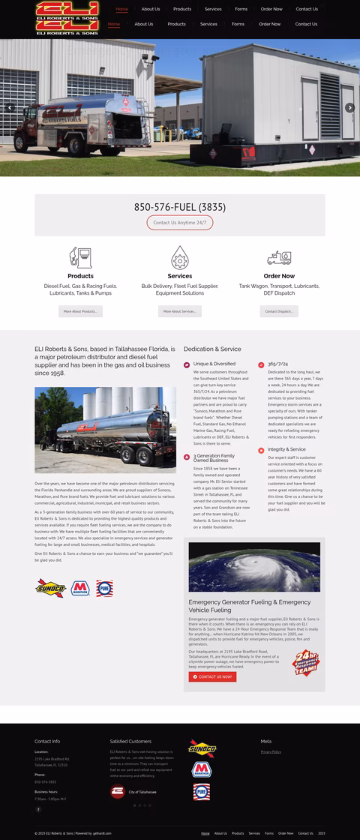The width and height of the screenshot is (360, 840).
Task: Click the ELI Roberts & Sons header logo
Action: click(x=67, y=19)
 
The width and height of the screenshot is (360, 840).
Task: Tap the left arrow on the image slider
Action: click(x=10, y=108)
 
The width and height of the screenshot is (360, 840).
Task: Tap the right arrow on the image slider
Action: click(x=349, y=108)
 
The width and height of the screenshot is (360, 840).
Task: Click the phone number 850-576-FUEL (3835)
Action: click(x=180, y=207)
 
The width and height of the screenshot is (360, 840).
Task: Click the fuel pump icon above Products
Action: click(x=81, y=257)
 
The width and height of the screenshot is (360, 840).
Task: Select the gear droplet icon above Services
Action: click(x=180, y=257)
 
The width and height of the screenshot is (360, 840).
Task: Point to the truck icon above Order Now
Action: click(x=279, y=257)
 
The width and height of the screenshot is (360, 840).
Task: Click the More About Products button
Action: click(x=80, y=311)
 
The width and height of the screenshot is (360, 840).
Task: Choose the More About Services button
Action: click(x=180, y=311)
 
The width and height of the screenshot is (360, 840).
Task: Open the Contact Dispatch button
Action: click(x=279, y=311)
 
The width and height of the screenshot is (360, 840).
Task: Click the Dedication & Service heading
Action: click(x=212, y=349)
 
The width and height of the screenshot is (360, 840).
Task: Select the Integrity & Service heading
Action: click(x=286, y=449)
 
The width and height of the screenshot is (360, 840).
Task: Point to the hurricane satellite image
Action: click(x=254, y=567)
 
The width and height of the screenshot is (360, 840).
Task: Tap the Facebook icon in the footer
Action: click(x=38, y=809)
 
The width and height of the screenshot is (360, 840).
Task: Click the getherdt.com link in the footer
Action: click(x=103, y=833)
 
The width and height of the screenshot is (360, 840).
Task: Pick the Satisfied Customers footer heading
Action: click(x=130, y=741)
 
